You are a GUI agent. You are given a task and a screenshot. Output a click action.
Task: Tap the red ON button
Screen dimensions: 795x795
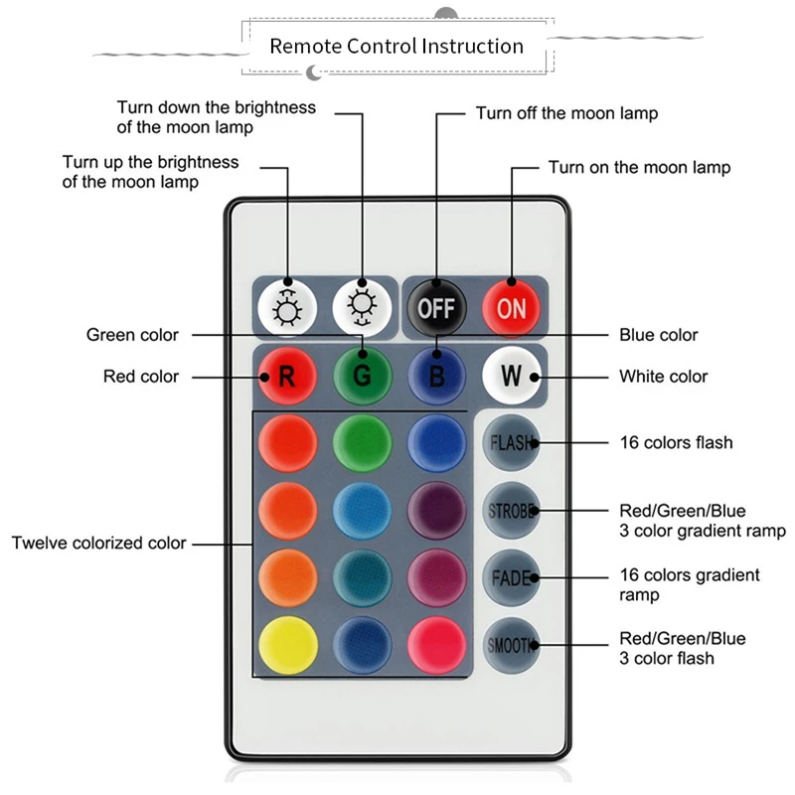pyautogui.click(x=512, y=307)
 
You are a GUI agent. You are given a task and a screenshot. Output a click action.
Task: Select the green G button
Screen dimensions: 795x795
pyautogui.click(x=362, y=377)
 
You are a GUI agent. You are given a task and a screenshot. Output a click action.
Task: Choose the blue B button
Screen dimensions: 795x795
pyautogui.click(x=436, y=377)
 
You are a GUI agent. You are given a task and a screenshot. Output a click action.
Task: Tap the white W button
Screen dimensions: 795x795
pyautogui.click(x=511, y=377)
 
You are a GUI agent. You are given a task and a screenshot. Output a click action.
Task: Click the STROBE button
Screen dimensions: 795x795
pyautogui.click(x=511, y=512)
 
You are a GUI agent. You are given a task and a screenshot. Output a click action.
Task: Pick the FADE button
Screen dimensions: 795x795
pyautogui.click(x=511, y=577)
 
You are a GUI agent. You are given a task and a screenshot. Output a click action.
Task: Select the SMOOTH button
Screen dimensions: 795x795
pyautogui.click(x=511, y=645)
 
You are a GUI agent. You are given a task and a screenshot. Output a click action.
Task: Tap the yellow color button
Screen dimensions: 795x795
pyautogui.click(x=287, y=643)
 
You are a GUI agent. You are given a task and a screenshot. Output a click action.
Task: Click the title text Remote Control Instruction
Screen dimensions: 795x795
pyautogui.click(x=397, y=46)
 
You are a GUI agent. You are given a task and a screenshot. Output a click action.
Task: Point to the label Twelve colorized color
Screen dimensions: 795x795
pyautogui.click(x=99, y=543)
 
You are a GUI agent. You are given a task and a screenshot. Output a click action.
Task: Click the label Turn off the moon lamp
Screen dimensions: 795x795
pyautogui.click(x=566, y=113)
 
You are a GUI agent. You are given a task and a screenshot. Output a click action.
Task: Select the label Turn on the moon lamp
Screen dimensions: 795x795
pyautogui.click(x=639, y=167)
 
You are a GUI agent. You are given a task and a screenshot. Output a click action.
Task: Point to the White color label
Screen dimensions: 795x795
pyautogui.click(x=663, y=377)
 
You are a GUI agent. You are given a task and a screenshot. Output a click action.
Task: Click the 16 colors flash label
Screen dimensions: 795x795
pyautogui.click(x=675, y=441)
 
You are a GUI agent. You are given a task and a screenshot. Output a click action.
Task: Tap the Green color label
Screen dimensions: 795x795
pyautogui.click(x=132, y=335)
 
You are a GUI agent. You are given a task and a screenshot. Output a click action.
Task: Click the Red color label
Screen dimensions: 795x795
pyautogui.click(x=141, y=377)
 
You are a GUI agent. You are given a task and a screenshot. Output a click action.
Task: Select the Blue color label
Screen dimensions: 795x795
pyautogui.click(x=658, y=335)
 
